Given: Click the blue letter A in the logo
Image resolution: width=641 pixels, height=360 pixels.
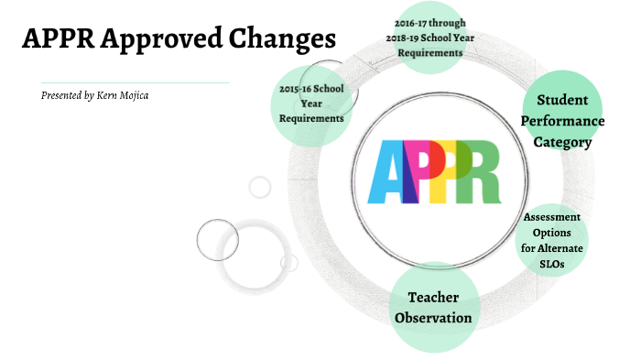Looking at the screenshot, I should point(386,172).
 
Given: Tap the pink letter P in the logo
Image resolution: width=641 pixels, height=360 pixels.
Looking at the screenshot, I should point(419,172).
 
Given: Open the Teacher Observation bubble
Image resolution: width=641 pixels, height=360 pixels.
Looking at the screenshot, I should point(433,307).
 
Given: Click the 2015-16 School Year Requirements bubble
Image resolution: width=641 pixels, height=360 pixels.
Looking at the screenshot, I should point(311,104).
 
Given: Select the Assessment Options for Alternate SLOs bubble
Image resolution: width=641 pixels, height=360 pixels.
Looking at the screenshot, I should point(552,240).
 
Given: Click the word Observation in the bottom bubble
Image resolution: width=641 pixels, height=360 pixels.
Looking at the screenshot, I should point(433,318).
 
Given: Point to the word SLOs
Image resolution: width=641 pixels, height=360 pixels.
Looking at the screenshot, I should point(552,264).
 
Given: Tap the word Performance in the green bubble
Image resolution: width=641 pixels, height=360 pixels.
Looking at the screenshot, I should point(570,120).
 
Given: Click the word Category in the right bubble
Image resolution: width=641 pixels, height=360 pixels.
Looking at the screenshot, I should point(565,141).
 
